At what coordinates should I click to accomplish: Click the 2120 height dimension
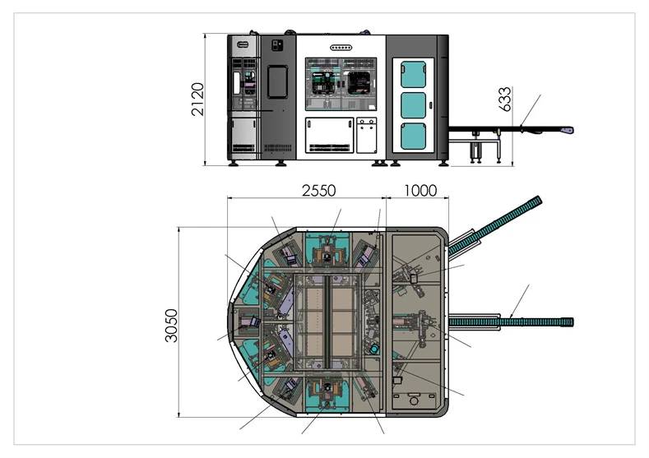coord(197,99)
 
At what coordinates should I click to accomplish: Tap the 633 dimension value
coord(505,99)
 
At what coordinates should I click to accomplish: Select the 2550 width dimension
coord(318,190)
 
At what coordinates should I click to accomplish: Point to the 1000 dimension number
coord(420,190)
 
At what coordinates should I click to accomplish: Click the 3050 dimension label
coord(171,326)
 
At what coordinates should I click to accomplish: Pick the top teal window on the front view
coord(413,75)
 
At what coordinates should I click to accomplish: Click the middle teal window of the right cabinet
coord(413,105)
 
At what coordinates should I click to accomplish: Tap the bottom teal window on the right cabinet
coord(413,136)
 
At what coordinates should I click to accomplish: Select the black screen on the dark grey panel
coord(277,81)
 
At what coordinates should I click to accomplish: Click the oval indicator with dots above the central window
coord(341,48)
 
